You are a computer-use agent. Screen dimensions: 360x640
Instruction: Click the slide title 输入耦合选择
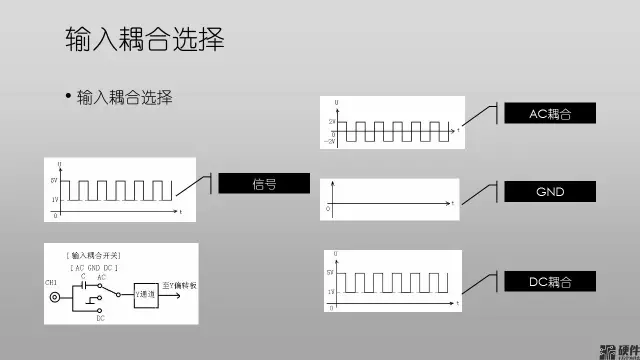tap(144, 39)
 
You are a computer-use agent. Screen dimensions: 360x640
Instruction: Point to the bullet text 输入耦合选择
tap(125, 98)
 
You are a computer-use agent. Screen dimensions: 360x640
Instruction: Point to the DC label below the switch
tap(100, 319)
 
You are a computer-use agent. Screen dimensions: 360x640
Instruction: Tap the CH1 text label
tap(51, 283)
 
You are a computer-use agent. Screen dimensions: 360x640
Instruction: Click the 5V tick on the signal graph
tap(53, 180)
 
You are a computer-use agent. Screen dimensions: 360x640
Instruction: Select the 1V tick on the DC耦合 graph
tap(329, 291)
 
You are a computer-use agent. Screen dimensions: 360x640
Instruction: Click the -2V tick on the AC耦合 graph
tap(331, 141)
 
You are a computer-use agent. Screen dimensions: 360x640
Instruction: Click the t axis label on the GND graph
tap(453, 203)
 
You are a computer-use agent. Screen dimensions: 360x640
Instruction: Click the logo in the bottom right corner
tap(618, 350)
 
